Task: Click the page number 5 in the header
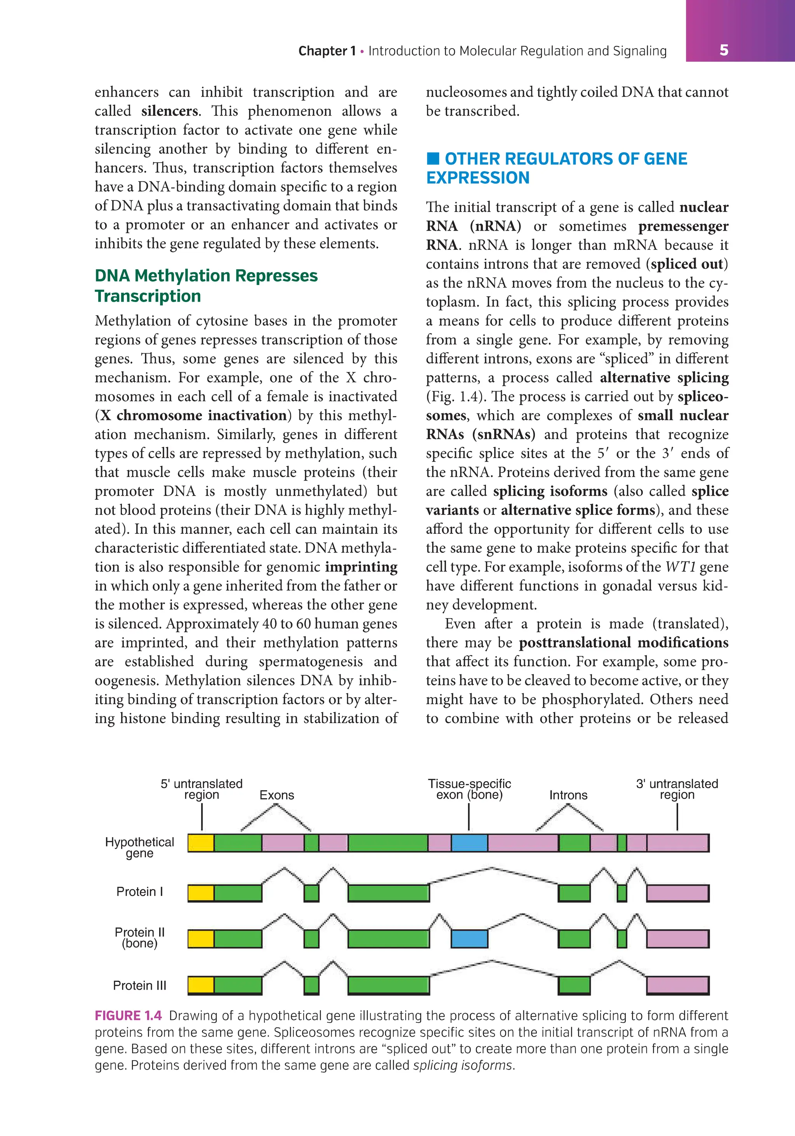(x=723, y=50)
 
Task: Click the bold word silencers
(x=169, y=111)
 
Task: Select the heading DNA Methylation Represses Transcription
(x=206, y=285)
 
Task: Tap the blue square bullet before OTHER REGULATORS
(x=433, y=158)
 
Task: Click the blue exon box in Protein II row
(x=469, y=939)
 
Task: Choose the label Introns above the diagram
(x=568, y=795)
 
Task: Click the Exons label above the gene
(x=276, y=795)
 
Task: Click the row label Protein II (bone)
(x=139, y=938)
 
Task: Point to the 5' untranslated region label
(x=201, y=789)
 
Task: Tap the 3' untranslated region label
(x=677, y=789)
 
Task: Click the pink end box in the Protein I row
(x=677, y=893)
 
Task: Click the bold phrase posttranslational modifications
(x=623, y=643)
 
